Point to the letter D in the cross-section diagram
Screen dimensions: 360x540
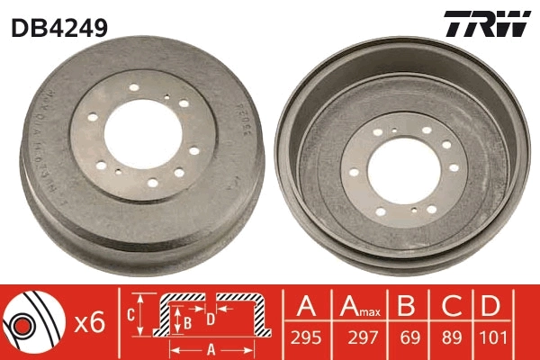[x=209, y=317]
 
